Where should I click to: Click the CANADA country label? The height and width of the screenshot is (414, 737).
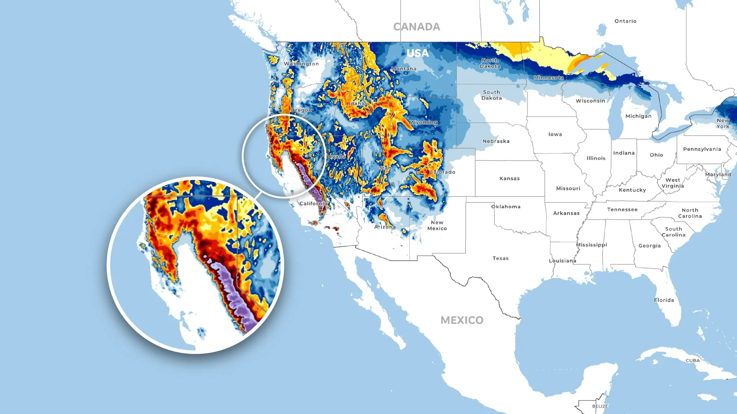(416, 27)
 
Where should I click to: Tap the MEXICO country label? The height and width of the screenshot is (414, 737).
(462, 321)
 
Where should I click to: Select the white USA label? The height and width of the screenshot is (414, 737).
(418, 53)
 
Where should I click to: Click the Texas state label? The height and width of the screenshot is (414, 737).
(500, 258)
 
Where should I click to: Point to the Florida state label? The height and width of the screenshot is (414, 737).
(664, 300)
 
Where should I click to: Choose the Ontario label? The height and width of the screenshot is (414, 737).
(625, 21)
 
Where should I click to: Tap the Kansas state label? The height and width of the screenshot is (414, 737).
(509, 179)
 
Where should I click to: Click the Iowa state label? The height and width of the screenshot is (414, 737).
(555, 134)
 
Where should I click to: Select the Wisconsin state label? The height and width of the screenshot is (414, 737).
(591, 101)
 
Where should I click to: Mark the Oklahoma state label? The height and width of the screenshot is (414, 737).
(506, 207)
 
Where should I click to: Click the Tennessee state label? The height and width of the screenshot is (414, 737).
(622, 210)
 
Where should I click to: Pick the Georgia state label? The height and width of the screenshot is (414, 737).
(649, 246)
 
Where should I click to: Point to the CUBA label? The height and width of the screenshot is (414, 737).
(692, 361)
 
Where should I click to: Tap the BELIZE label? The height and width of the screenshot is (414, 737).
(600, 406)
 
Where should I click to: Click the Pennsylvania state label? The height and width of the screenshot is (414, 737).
(702, 149)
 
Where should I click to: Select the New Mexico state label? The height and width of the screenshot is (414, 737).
(437, 225)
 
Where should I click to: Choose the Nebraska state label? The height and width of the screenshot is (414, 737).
(496, 141)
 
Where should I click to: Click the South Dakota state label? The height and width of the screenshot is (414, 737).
(491, 95)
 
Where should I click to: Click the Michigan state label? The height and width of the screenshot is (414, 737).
(638, 116)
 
